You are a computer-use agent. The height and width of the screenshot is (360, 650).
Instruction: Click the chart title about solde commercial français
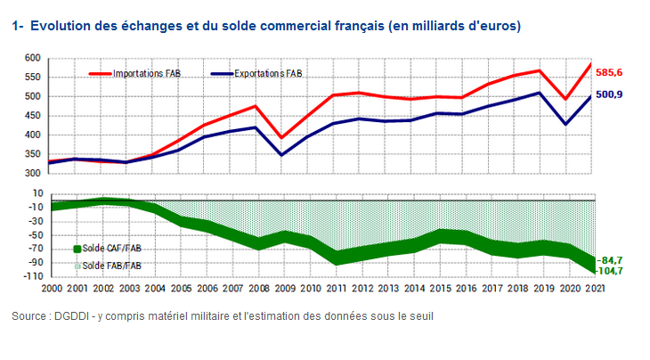tap(267, 27)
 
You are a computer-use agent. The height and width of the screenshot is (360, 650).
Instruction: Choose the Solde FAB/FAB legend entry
tap(112, 265)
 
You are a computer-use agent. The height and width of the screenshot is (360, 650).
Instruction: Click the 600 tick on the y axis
tap(32, 58)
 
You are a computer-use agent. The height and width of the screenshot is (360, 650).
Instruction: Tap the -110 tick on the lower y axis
tap(30, 277)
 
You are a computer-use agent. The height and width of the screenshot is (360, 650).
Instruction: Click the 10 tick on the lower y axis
tap(36, 193)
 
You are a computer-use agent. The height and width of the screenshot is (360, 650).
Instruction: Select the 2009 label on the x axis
tap(285, 289)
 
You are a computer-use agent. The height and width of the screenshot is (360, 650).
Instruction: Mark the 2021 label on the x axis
tap(593, 289)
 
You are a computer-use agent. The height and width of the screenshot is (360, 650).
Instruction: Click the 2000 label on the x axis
tap(52, 289)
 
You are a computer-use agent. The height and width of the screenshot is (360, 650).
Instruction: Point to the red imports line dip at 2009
tap(282, 138)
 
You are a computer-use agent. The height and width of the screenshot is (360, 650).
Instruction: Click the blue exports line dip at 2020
tap(565, 124)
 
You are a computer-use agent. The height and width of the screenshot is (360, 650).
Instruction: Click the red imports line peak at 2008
tap(256, 106)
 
